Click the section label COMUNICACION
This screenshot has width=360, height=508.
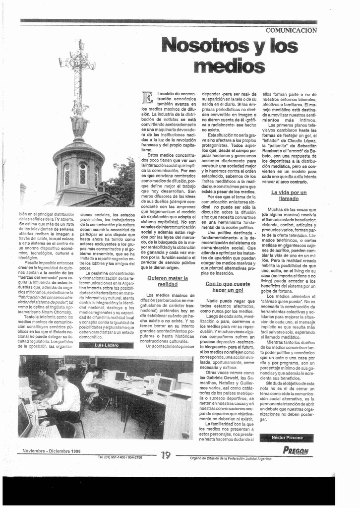[x=291, y=30]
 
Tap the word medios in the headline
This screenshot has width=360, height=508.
[x=229, y=65]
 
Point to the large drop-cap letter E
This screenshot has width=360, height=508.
[x=147, y=98]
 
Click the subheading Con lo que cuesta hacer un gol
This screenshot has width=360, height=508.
[x=228, y=286]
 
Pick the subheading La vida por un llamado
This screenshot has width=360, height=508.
[x=289, y=195]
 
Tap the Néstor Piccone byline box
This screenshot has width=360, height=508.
[x=286, y=438]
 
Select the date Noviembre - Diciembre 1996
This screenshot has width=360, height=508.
[x=52, y=451]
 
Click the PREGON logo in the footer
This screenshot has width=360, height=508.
[x=296, y=450]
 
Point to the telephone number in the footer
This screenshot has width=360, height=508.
[x=120, y=457]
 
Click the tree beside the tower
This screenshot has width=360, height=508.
[x=121, y=184]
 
